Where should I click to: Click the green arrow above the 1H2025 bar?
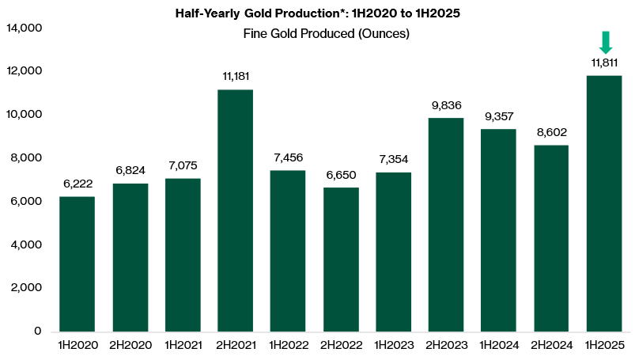(605, 42)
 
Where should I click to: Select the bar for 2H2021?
(235, 210)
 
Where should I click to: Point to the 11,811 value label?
(605, 62)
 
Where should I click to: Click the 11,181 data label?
(235, 76)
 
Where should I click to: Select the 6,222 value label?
(77, 183)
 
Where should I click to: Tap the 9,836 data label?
(446, 104)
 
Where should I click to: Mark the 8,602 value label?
(552, 132)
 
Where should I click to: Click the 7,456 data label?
(288, 157)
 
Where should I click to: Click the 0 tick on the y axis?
(37, 332)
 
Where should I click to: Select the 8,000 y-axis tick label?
(26, 158)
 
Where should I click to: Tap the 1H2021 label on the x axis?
(183, 345)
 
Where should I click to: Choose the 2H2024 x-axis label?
(552, 345)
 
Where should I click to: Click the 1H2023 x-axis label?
(393, 345)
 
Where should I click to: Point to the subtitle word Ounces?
(383, 34)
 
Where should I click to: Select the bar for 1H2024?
(499, 230)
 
